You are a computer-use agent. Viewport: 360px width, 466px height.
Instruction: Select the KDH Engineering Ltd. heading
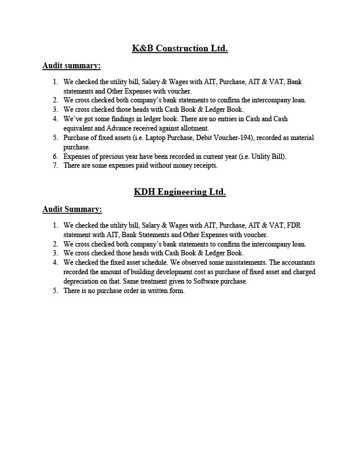point(179,192)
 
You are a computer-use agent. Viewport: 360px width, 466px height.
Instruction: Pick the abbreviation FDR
point(293,225)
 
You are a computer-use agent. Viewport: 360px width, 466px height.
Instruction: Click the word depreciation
point(80,281)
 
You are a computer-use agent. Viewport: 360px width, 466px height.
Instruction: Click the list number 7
point(55,166)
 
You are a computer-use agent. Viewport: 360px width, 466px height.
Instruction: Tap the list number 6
point(55,157)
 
